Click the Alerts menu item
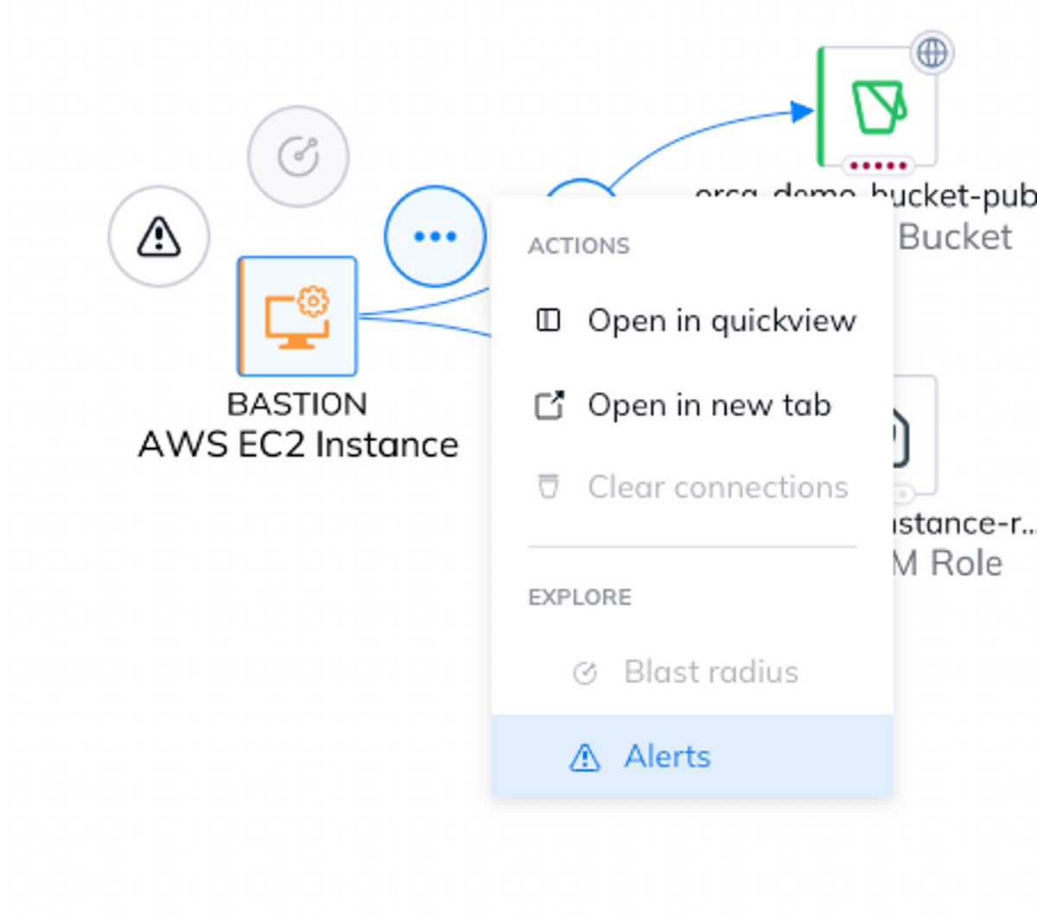coord(667,756)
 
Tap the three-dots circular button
coord(435,236)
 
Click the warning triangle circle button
coord(159,237)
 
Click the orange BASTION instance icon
coord(297,317)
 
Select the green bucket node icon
coord(878,105)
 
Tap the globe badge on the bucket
coord(932,53)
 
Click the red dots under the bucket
coord(878,165)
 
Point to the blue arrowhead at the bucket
coord(802,111)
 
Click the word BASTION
coord(297,404)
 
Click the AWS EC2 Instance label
coord(298,445)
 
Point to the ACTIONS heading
coord(579,246)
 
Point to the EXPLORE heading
coord(580,597)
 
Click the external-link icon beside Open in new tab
coord(549,405)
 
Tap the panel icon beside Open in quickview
coord(548,320)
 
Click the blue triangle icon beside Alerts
coord(584,757)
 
